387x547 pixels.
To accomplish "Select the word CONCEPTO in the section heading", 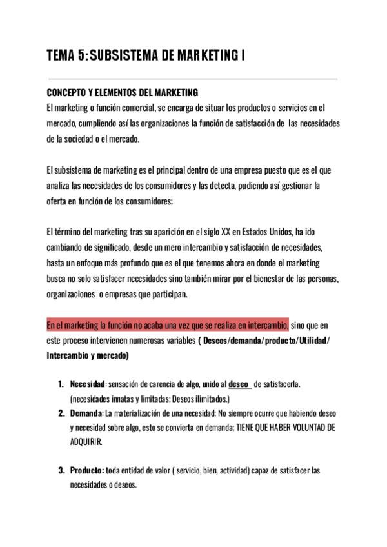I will [x=65, y=93].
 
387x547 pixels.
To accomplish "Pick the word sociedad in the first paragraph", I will [x=81, y=138].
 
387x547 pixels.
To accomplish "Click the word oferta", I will [x=57, y=201].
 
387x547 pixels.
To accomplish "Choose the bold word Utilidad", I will [x=312, y=340].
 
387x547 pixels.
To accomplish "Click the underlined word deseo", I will [x=239, y=384].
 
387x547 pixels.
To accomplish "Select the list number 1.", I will [x=61, y=384].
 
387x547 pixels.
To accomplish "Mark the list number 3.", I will [x=62, y=471].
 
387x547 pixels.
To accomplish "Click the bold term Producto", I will [x=87, y=471].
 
